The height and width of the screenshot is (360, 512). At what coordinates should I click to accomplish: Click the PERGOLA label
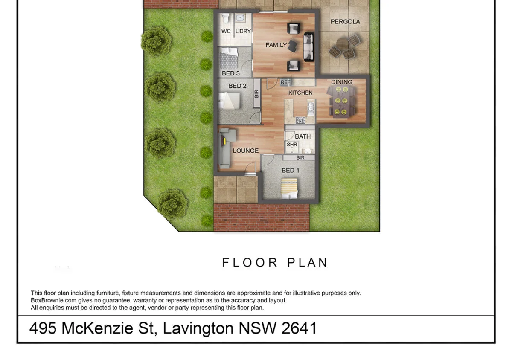345,21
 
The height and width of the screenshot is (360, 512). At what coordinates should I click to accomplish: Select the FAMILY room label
276,45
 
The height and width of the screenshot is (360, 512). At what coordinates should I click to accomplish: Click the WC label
226,31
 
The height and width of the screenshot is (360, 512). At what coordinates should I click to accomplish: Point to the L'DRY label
243,31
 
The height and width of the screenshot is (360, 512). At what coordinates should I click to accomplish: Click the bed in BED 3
229,59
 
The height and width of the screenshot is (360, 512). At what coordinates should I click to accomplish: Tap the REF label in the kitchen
285,82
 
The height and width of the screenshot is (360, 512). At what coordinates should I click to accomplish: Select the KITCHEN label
300,93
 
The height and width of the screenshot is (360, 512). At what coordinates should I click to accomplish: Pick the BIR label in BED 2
256,94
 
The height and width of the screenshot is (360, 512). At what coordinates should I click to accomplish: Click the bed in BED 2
230,102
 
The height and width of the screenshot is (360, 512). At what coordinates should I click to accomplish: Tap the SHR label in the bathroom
292,145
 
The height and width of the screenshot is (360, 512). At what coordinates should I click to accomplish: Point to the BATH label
303,136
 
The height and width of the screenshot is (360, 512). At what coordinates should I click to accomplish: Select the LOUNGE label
245,151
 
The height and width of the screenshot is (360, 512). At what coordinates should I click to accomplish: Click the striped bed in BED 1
289,188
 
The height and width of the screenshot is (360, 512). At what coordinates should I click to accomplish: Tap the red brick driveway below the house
261,218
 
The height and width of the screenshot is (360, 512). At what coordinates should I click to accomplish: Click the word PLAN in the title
307,262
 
